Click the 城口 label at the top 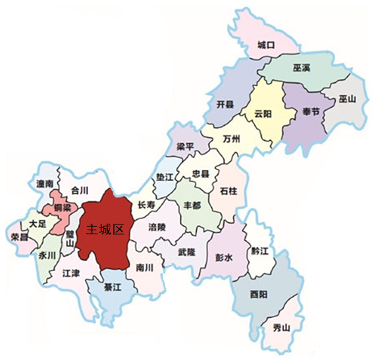click(266, 45)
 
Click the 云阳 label click(263, 113)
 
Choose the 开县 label click(225, 105)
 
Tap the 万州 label click(232, 139)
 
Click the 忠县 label click(200, 174)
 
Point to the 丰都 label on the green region click(193, 204)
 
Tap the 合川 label click(79, 191)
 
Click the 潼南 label click(45, 185)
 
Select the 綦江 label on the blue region click(113, 287)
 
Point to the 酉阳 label click(258, 294)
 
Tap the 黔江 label click(260, 251)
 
